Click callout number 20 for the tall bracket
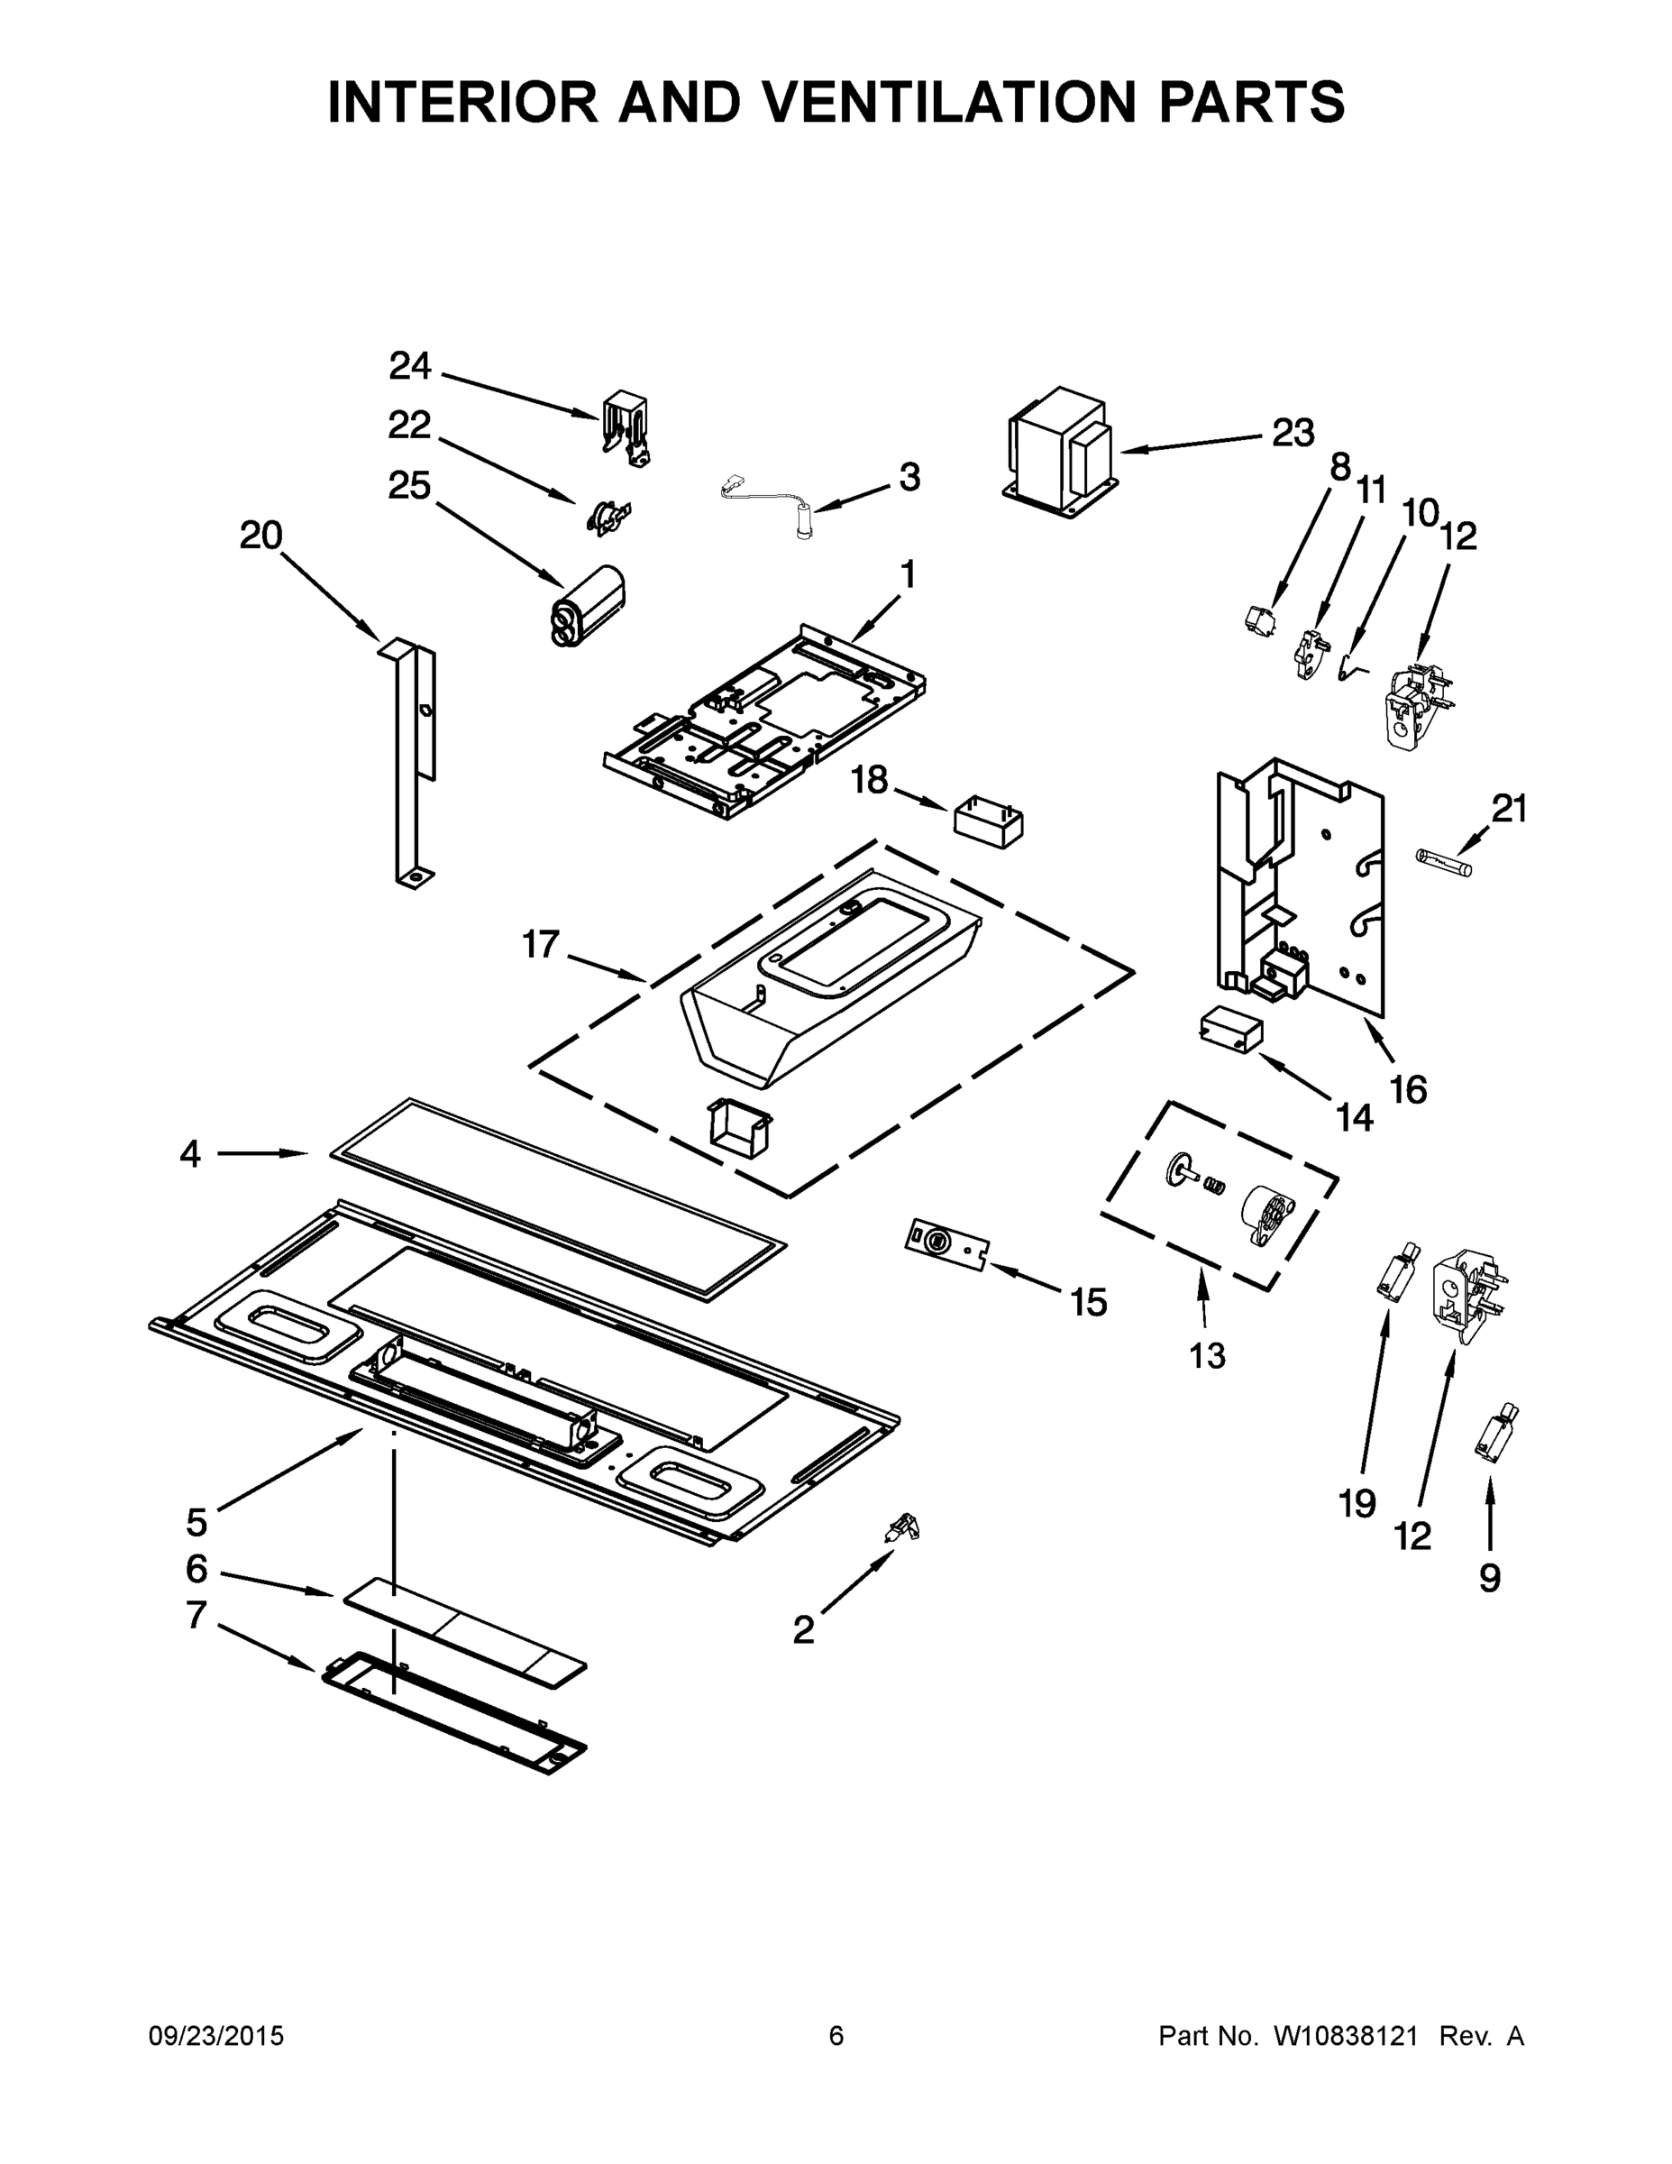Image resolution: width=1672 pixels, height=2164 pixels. tap(260, 536)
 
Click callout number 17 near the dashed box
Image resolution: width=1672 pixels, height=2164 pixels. tap(541, 944)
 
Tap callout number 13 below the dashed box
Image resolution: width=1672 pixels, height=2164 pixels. tap(1207, 1355)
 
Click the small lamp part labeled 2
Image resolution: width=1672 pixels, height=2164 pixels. tap(902, 1528)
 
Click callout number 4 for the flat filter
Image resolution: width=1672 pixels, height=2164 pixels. tap(190, 1153)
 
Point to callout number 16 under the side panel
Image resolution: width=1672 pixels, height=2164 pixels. tap(1408, 1090)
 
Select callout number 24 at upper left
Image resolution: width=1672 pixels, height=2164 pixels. tap(409, 367)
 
